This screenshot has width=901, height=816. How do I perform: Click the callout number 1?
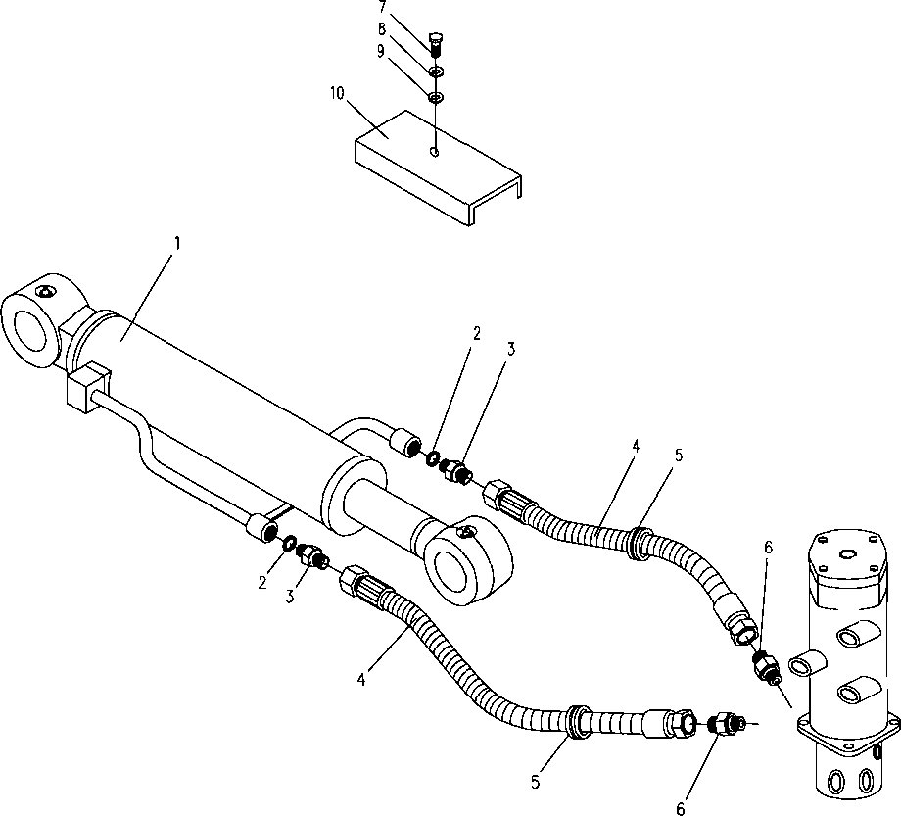pos(177,244)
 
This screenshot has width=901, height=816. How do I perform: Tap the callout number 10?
pos(337,93)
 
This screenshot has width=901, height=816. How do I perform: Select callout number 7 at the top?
pos(383,7)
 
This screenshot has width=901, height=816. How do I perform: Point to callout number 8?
pos(382,29)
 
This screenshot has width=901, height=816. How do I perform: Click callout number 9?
pos(380,52)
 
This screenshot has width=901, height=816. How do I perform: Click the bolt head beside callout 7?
pos(436,40)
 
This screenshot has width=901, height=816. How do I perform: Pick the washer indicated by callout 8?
pos(436,72)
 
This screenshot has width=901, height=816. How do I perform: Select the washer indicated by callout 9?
pos(436,97)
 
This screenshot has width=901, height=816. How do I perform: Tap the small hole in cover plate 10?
pos(435,152)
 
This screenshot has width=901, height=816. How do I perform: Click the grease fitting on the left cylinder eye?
pos(45,292)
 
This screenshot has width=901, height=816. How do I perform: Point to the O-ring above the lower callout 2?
pos(289,542)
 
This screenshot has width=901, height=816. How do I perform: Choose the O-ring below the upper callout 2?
pos(433,458)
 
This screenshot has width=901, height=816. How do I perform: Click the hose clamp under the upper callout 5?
pos(639,543)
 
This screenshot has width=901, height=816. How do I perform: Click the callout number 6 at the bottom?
pos(681,809)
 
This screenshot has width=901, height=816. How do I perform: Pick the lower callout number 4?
pos(360,680)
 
